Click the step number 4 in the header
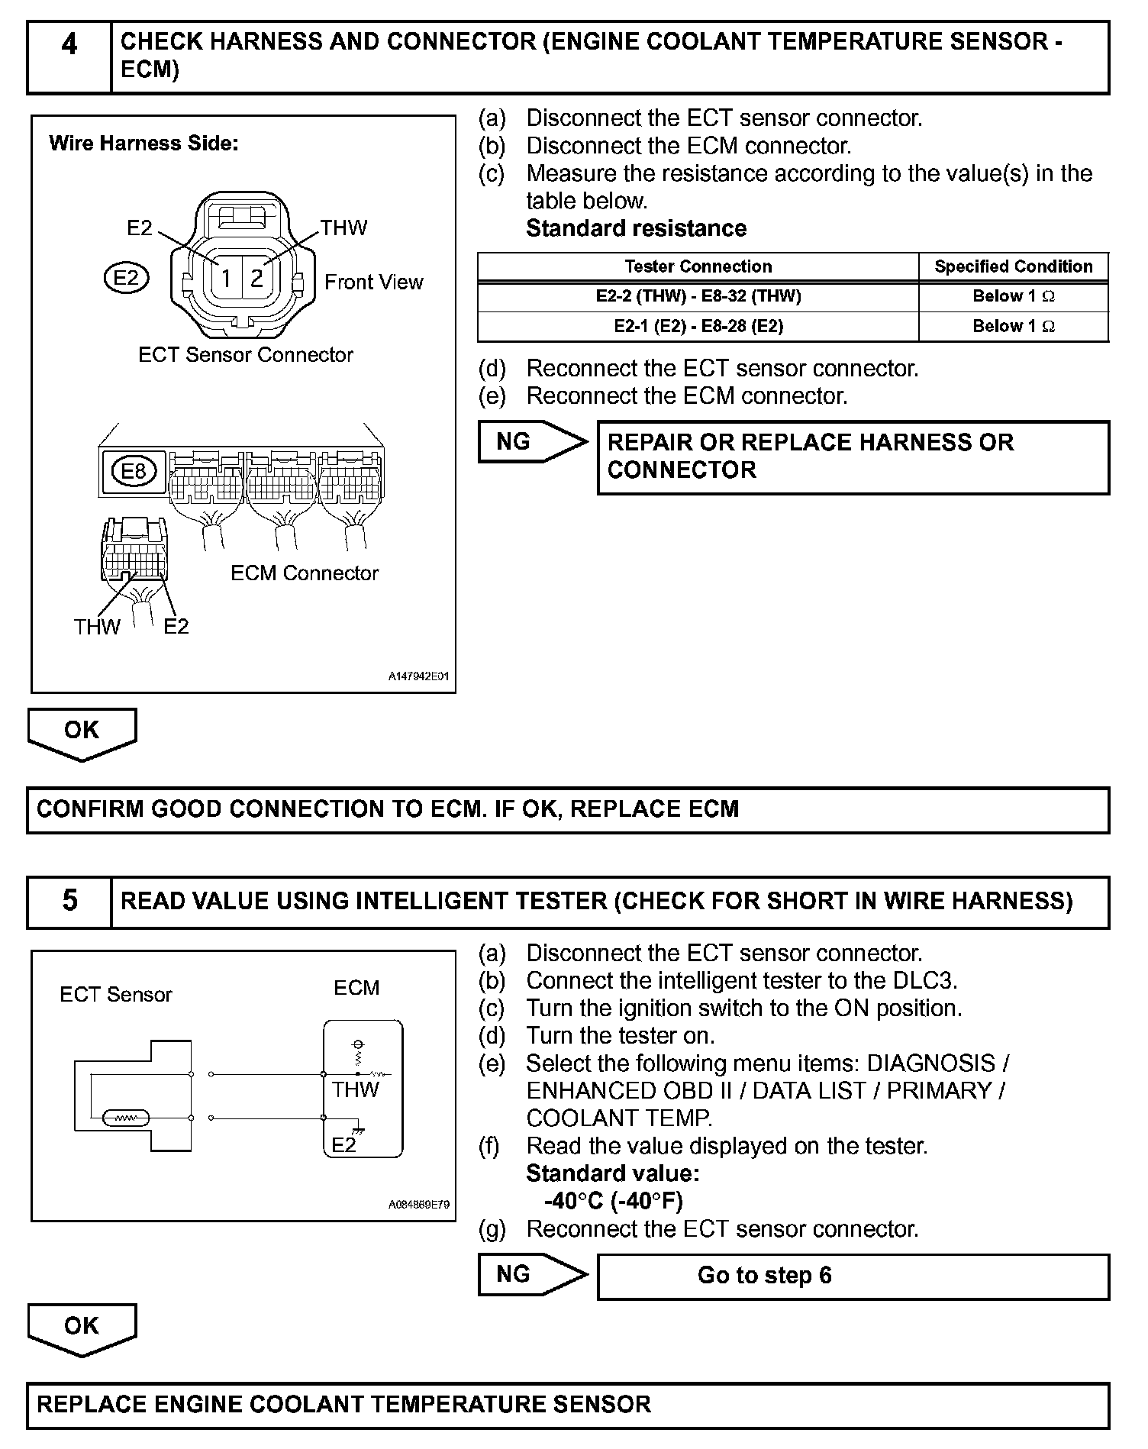69,44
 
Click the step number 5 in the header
69,901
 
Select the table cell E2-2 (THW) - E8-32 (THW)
698,296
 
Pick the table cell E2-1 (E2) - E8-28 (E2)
698,327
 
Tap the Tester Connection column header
698,266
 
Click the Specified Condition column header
1013,266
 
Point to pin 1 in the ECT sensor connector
226,278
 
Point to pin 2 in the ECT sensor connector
257,278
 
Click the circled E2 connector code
126,278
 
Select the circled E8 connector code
134,471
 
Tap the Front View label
373,282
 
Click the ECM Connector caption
304,573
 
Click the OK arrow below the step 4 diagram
82,732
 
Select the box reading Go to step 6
852,1276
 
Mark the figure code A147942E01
418,676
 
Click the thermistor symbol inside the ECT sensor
124,1119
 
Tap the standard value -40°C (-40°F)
613,1201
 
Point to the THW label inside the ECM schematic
355,1089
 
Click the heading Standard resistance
636,228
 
